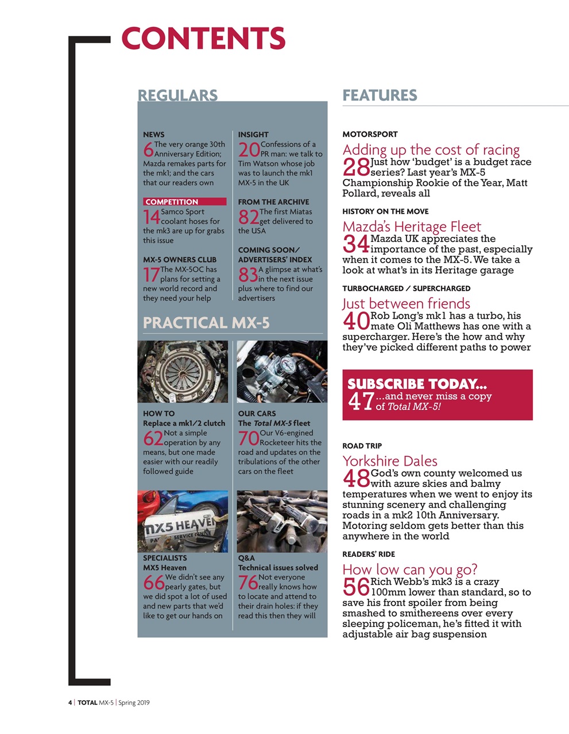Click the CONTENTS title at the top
(x=203, y=38)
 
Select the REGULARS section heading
(x=177, y=95)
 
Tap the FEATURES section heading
(x=380, y=95)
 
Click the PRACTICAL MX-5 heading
(x=206, y=323)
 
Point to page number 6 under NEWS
(x=148, y=150)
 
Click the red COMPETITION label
(x=184, y=202)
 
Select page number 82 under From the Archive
(x=249, y=217)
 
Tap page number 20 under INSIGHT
(x=249, y=150)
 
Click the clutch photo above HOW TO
(x=183, y=372)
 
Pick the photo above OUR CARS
(x=282, y=372)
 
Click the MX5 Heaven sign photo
(x=183, y=521)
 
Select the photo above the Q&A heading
(x=282, y=521)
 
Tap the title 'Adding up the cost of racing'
(x=431, y=150)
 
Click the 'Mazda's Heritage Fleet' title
(x=412, y=227)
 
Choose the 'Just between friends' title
(x=406, y=303)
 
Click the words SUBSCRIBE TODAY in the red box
(x=417, y=384)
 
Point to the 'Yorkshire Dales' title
(x=390, y=460)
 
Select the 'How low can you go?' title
(x=410, y=569)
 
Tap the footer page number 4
(x=70, y=702)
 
